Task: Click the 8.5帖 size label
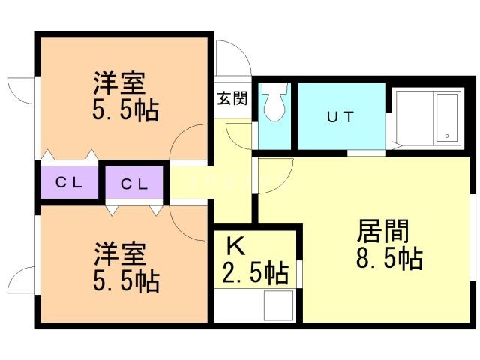(x=389, y=259)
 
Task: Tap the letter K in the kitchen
(x=235, y=244)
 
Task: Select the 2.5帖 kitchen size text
(x=255, y=273)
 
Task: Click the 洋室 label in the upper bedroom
(x=120, y=80)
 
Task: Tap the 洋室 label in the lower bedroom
(x=120, y=252)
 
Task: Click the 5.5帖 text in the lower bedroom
(x=124, y=281)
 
